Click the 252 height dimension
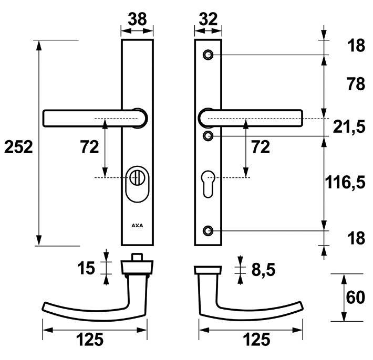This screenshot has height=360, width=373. (18, 147)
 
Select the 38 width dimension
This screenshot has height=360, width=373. (138, 19)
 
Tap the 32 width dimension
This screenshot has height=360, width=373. (209, 19)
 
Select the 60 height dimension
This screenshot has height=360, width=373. (356, 298)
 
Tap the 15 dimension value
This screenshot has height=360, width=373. (86, 268)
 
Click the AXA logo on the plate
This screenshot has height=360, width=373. (137, 226)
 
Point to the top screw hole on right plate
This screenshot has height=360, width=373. (209, 55)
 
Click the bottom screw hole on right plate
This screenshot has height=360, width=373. (209, 230)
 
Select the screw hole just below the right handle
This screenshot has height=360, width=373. (209, 136)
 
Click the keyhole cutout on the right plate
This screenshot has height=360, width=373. (209, 182)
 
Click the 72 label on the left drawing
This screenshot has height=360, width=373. (89, 147)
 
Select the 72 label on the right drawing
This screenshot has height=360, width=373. (260, 147)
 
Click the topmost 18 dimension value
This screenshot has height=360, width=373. (356, 46)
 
